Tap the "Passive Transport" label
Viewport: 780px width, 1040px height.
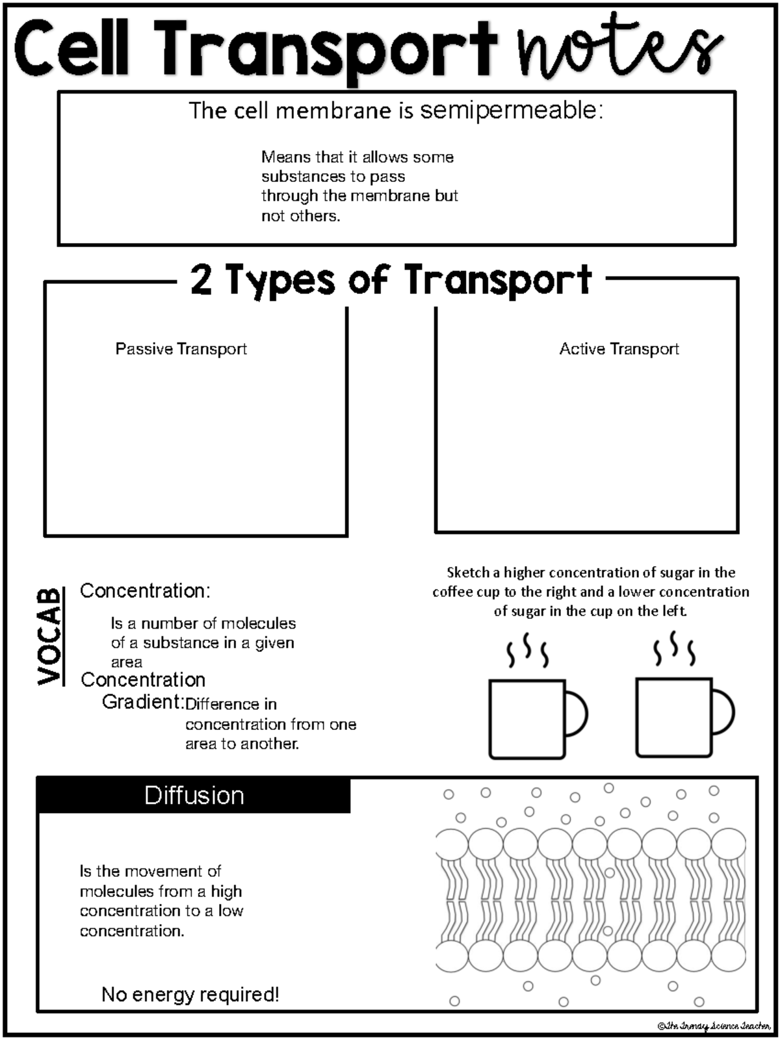pyautogui.click(x=181, y=349)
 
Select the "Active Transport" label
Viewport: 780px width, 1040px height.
pyautogui.click(x=619, y=349)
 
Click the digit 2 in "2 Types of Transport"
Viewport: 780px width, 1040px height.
pyautogui.click(x=201, y=280)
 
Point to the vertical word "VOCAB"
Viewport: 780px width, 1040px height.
pyautogui.click(x=49, y=637)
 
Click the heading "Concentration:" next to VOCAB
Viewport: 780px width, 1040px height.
pyautogui.click(x=145, y=591)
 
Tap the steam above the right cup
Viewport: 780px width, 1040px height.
pyautogui.click(x=674, y=649)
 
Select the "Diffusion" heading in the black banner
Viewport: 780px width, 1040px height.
pyautogui.click(x=194, y=796)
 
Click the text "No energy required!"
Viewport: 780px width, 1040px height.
pyautogui.click(x=190, y=994)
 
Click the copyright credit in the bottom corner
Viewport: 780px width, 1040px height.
pyautogui.click(x=713, y=1026)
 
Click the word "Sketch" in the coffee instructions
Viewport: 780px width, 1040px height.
pyautogui.click(x=468, y=573)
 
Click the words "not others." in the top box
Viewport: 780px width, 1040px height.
pyautogui.click(x=300, y=216)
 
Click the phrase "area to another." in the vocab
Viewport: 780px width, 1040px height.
pyautogui.click(x=242, y=744)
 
